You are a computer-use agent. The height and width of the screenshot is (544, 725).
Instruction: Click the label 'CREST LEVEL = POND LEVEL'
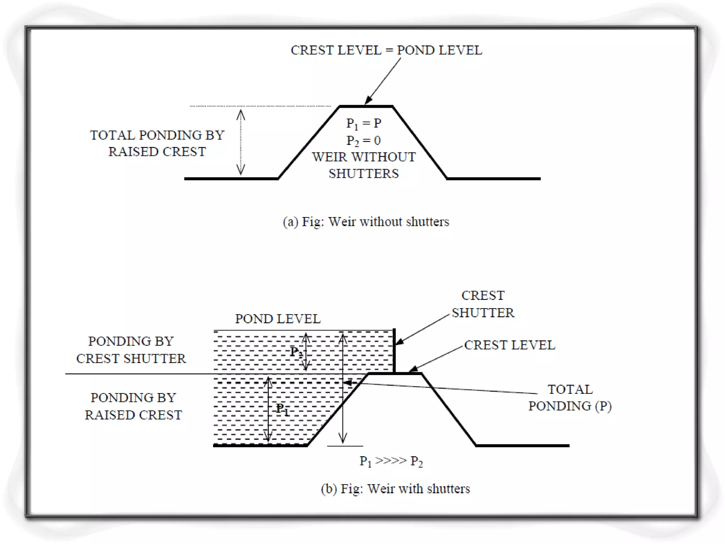[386, 50]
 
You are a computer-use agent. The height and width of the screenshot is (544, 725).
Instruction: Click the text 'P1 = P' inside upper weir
[364, 123]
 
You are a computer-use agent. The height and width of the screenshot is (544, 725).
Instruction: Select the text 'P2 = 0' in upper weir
[364, 141]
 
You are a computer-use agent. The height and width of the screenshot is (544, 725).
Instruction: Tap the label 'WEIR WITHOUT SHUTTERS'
[364, 165]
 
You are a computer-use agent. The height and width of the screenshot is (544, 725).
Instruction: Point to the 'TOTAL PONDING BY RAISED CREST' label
[157, 143]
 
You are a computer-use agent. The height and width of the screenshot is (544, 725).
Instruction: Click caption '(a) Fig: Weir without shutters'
[366, 222]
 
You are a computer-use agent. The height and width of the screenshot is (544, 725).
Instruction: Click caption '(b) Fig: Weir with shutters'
[395, 489]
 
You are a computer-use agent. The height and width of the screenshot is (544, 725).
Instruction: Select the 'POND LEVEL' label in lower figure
[278, 319]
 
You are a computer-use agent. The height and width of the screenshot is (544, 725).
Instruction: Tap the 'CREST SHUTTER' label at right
[483, 304]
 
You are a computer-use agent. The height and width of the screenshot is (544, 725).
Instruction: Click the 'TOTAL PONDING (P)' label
[570, 398]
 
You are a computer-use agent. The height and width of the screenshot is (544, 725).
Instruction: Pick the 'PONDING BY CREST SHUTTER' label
[131, 350]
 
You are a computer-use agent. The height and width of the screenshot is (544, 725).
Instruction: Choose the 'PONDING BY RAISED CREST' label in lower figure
[133, 406]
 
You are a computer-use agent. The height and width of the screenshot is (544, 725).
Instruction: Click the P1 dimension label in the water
[282, 409]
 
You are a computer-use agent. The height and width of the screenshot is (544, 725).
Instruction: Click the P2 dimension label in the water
[296, 352]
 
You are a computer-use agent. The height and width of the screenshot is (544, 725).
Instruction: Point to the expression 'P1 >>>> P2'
[391, 461]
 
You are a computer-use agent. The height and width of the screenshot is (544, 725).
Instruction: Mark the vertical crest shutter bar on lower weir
[394, 351]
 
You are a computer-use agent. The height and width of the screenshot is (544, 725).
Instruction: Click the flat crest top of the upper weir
[366, 106]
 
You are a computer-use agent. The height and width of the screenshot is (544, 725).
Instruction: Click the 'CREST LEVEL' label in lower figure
[509, 345]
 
